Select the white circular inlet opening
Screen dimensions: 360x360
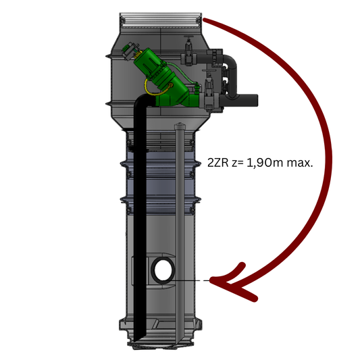tap(163, 270)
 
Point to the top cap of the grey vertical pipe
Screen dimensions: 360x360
tap(180, 126)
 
